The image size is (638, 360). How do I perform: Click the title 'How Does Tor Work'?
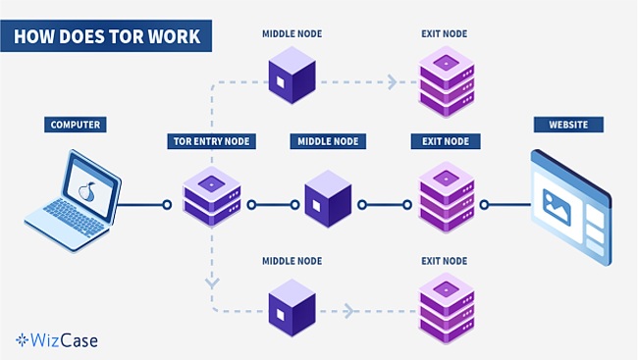[x=107, y=37]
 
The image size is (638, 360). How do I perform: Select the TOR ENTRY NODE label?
[x=211, y=141]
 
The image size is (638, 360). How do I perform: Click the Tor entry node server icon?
[x=212, y=196]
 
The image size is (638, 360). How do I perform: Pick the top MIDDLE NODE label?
[x=292, y=34]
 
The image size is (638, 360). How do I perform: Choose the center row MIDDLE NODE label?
[x=328, y=141]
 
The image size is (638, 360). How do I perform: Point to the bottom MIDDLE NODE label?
[x=292, y=261]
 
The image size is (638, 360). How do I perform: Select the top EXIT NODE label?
[x=445, y=34]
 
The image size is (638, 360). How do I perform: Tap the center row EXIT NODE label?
[x=445, y=141]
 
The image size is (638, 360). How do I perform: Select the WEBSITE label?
[x=567, y=125]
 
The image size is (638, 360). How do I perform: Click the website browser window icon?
[x=569, y=205]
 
